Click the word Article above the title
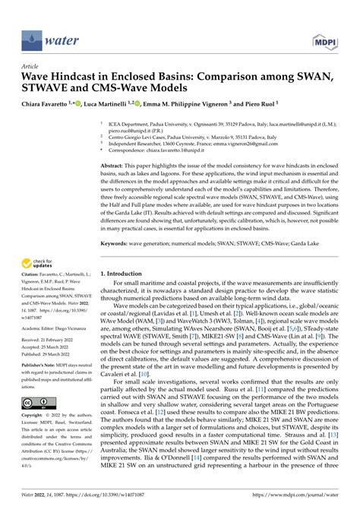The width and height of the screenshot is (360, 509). (31, 66)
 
